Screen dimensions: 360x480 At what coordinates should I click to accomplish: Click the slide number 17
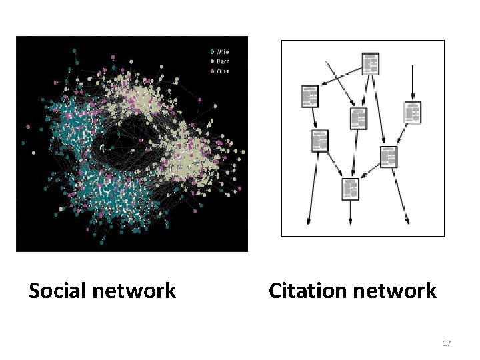[447, 343]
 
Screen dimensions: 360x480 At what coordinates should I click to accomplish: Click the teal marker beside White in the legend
[212, 51]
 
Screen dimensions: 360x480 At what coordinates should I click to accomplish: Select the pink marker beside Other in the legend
[212, 70]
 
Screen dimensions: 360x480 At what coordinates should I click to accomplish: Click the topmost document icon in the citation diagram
[370, 63]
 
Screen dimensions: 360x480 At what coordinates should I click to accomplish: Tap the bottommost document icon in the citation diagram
[350, 189]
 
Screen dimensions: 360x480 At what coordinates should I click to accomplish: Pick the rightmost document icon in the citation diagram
[413, 113]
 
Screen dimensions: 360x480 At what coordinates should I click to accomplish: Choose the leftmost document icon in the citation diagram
[309, 96]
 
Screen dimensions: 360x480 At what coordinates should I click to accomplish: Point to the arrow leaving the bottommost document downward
[351, 212]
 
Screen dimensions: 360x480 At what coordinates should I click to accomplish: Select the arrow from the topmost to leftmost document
[341, 76]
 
